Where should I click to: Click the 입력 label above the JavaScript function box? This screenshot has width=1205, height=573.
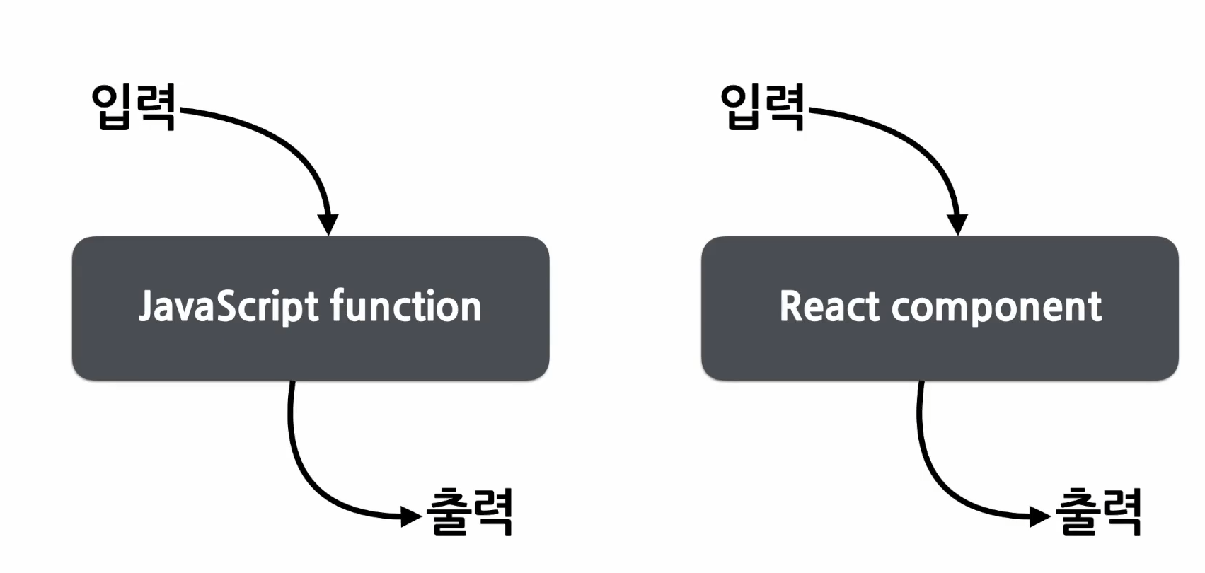134,107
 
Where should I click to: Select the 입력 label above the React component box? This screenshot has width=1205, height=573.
763,107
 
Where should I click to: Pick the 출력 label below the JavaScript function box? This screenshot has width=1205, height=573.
469,511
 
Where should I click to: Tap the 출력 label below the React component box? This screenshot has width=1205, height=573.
1098,511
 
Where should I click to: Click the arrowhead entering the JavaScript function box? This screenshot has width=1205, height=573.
328,224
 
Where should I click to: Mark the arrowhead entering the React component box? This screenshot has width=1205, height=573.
957,224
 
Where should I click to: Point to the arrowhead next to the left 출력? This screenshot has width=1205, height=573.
411,516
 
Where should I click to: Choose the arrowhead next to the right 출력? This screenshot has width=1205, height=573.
1040,516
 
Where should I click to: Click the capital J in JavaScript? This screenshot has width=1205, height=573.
146,307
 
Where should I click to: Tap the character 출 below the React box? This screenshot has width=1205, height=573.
1077,511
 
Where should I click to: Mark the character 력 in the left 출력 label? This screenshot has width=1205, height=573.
491,511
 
